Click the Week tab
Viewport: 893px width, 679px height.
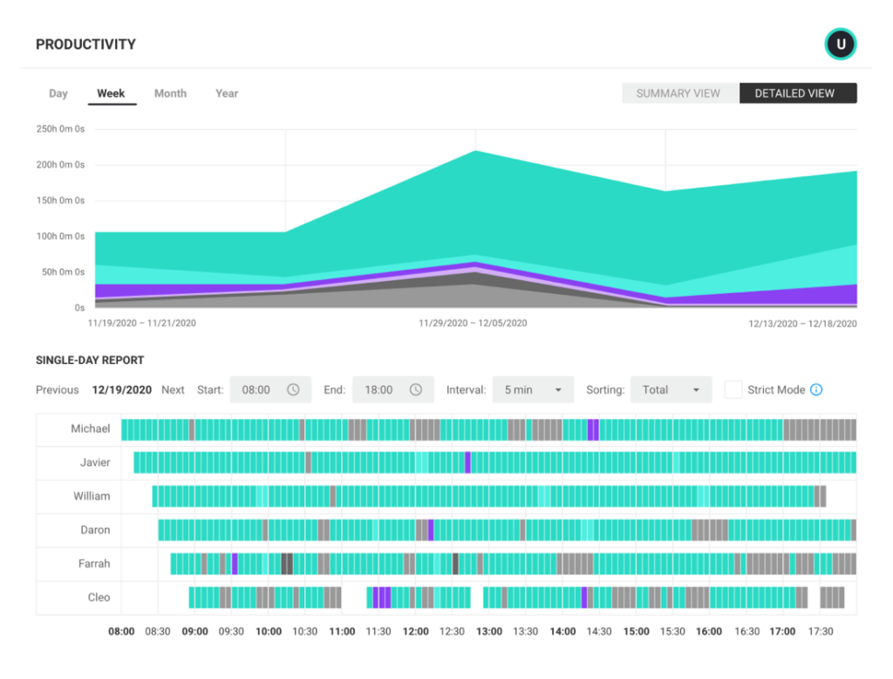tap(111, 93)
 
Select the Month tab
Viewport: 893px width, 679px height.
tap(170, 93)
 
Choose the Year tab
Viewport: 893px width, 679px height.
tap(227, 93)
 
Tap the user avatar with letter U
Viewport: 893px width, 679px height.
tap(841, 45)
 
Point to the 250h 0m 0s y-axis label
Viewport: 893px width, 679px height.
tap(60, 129)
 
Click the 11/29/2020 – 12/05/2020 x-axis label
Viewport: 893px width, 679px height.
tap(473, 323)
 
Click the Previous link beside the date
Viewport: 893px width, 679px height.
tap(58, 390)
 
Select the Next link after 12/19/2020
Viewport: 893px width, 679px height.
tap(173, 390)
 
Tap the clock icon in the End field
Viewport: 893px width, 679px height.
tap(416, 390)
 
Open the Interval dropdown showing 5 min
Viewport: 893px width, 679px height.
tap(533, 390)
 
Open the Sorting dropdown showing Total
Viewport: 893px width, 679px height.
tap(671, 390)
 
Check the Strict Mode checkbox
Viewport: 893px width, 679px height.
tap(733, 390)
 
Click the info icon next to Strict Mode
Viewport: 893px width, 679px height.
tap(816, 390)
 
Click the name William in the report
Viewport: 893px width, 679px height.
tap(92, 497)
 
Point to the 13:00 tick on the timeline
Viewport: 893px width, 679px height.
tap(489, 632)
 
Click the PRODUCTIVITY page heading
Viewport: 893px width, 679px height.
tap(85, 45)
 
